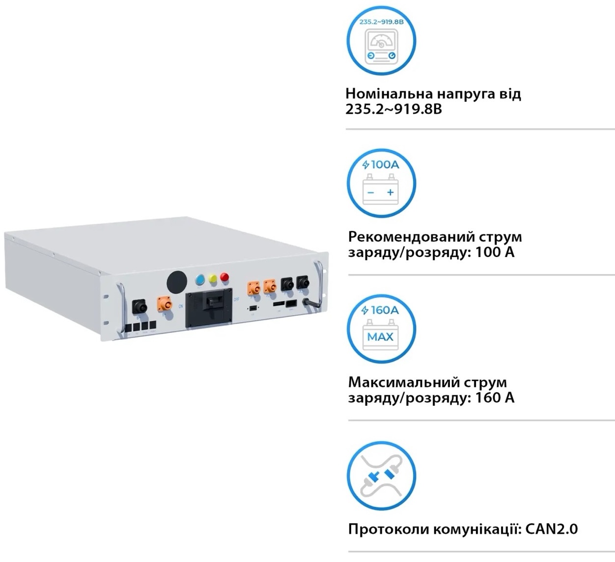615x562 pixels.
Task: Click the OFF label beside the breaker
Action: click(x=236, y=300)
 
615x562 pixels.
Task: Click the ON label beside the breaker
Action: click(x=180, y=306)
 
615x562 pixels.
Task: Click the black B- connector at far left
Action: click(x=140, y=307)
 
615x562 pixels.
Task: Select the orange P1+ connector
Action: click(x=253, y=287)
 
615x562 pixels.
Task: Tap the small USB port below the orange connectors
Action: click(x=253, y=308)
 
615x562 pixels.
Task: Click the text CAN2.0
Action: click(x=551, y=529)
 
